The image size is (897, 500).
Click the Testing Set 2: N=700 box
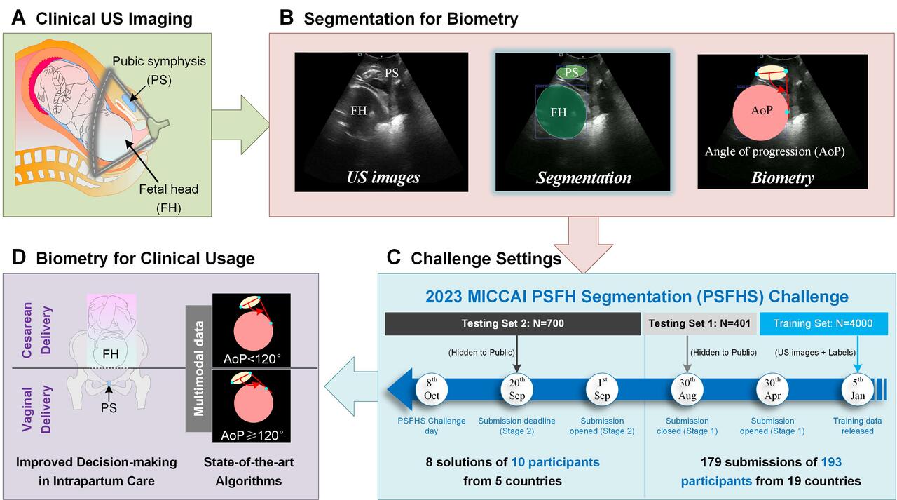pos(512,323)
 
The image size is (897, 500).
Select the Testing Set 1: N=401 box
pos(699,323)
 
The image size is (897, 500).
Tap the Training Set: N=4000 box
pos(824,323)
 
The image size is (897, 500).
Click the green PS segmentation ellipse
pos(571,72)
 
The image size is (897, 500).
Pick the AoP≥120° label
pos(252,435)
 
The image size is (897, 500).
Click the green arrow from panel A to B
pos(240,127)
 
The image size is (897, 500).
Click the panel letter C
pos(393,258)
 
